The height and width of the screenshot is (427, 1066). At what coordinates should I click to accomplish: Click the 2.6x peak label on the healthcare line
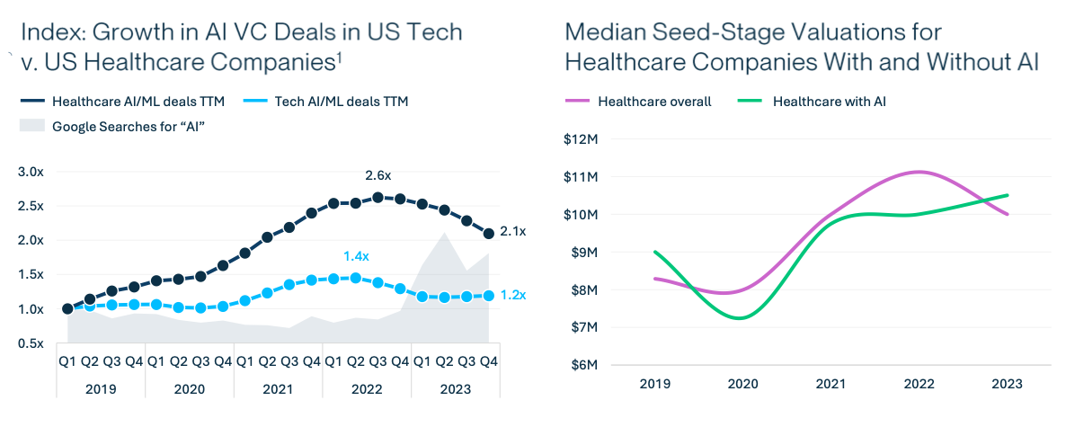coord(378,175)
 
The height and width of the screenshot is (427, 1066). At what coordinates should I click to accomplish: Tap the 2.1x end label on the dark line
coord(512,232)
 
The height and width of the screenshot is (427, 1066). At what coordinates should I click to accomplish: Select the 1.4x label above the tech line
coord(357,256)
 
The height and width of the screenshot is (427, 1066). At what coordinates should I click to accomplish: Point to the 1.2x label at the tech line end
coord(512,295)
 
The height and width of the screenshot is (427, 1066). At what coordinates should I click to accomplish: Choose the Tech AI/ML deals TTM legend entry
coord(326,102)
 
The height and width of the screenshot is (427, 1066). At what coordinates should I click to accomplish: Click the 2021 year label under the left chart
coord(278,389)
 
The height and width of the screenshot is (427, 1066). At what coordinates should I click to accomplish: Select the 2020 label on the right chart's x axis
coord(742,384)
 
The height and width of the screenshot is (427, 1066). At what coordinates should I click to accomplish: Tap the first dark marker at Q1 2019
coord(67,308)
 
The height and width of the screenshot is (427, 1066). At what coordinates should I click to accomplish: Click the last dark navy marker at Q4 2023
coord(488,234)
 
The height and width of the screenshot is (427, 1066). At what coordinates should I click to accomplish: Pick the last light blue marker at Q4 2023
coord(488,296)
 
